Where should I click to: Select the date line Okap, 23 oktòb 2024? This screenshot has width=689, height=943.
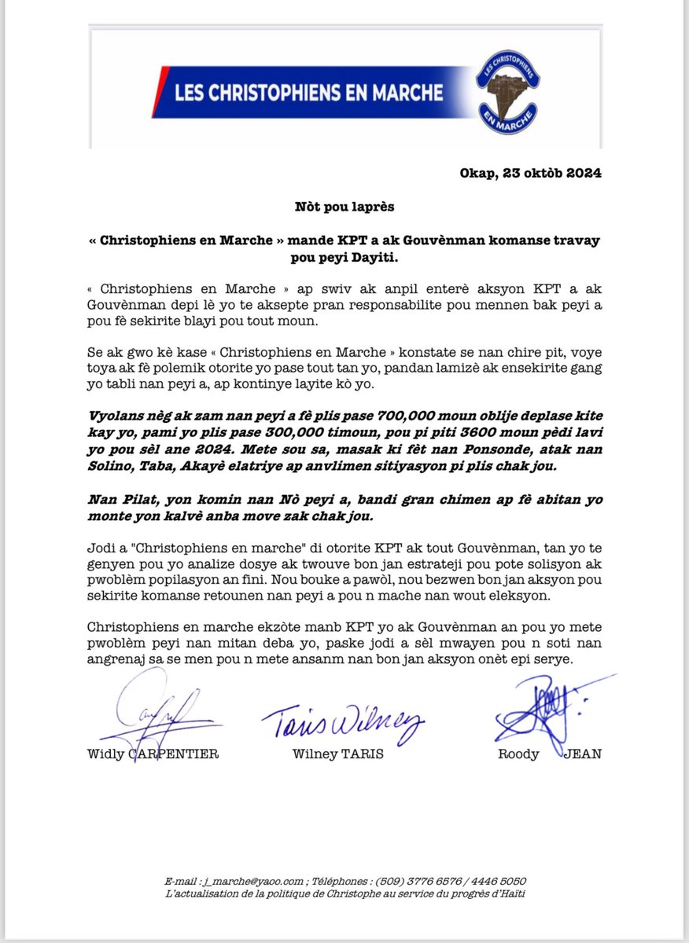(530, 174)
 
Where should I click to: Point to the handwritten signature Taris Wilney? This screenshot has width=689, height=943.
(343, 719)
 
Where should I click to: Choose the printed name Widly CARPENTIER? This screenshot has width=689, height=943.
(153, 754)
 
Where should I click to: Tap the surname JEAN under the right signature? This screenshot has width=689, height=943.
(583, 754)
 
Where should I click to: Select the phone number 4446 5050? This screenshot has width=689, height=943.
(498, 882)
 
